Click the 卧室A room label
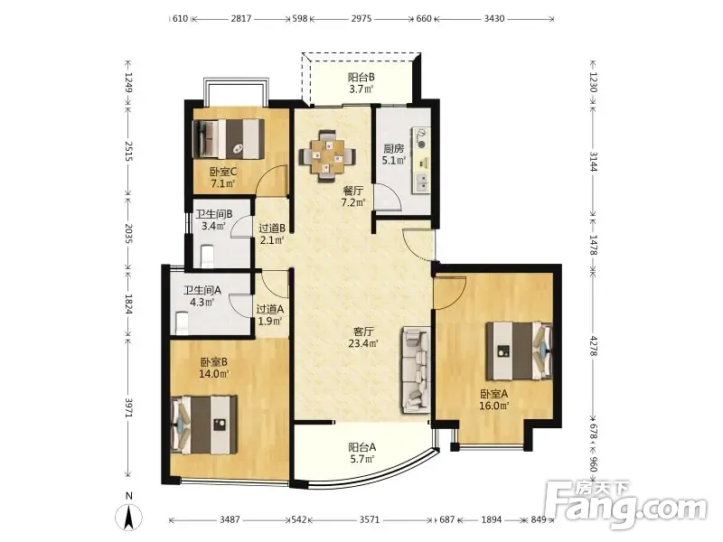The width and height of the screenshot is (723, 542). (x=493, y=394)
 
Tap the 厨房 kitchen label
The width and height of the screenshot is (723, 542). (x=393, y=148)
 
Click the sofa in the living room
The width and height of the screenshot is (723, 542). (x=417, y=369)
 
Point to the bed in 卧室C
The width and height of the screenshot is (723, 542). (x=229, y=139)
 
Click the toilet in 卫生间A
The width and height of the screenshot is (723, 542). (x=183, y=323)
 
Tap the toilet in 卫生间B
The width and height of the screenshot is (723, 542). (x=208, y=256)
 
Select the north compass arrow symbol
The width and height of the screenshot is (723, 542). (x=129, y=517)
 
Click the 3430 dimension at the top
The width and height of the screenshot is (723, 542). (x=494, y=18)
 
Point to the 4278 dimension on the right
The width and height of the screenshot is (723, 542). (x=594, y=346)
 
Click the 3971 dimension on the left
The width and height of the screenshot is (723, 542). (x=128, y=408)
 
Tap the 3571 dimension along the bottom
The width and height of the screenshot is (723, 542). (x=370, y=519)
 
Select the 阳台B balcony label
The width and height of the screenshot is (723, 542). (x=361, y=77)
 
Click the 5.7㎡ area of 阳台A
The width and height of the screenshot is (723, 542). (x=362, y=459)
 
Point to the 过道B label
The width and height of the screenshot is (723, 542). (x=272, y=228)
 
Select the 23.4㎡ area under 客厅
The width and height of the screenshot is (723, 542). (x=363, y=343)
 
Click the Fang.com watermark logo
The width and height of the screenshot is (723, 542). (x=625, y=505)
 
